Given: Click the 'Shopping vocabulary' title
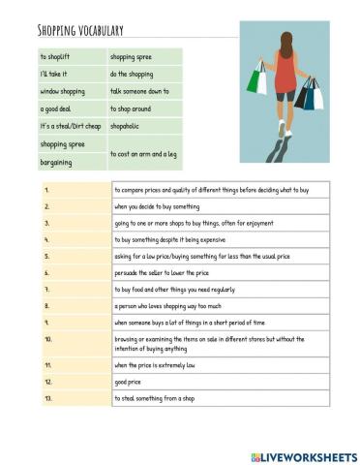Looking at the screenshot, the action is (x=83, y=30).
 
